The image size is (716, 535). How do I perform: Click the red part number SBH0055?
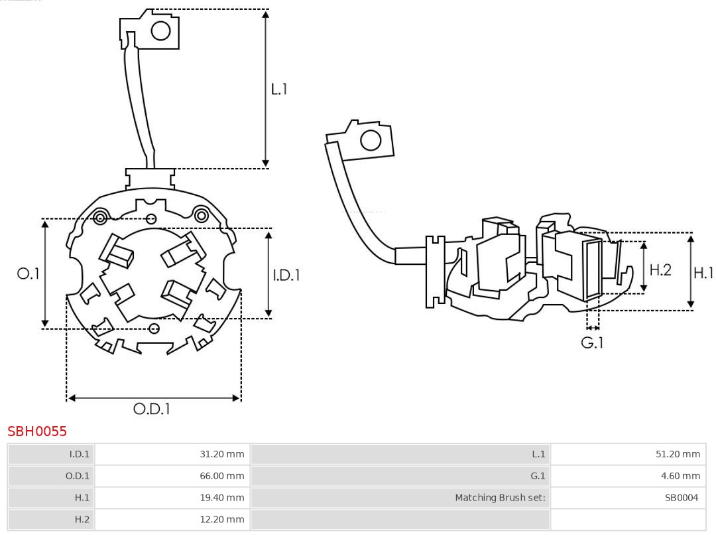(37, 431)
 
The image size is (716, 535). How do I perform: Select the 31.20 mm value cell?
(222, 455)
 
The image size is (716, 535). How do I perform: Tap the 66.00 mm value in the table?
(222, 476)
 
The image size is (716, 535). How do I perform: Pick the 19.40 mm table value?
(222, 497)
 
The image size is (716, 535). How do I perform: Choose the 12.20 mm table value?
(222, 519)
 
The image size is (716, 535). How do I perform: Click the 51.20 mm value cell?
(678, 455)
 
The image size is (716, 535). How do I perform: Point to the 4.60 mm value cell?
(681, 476)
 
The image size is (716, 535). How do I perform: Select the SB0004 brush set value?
(682, 497)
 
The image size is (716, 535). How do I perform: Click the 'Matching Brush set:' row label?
(500, 497)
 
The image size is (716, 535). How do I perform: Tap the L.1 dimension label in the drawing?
(279, 89)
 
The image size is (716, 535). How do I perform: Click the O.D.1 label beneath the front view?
(152, 409)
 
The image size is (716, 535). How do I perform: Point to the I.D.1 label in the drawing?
(286, 275)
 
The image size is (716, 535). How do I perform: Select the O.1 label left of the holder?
(28, 273)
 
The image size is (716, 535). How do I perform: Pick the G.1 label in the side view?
(592, 343)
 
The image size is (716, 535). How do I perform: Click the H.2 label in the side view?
(660, 269)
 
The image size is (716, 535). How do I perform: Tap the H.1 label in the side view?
(703, 272)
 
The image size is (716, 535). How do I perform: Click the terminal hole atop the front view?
(161, 31)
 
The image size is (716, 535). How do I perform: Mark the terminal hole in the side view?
(370, 141)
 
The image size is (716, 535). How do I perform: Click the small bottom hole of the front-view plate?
(154, 328)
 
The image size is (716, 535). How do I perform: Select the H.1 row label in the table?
(82, 497)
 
